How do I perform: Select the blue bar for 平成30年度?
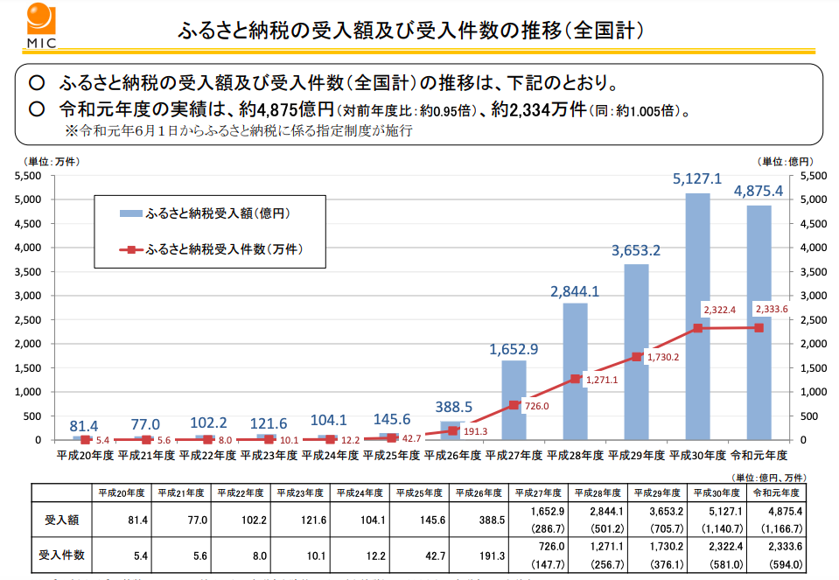pyautogui.click(x=697, y=316)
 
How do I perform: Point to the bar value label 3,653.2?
pyautogui.click(x=635, y=251)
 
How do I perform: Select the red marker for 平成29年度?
pyautogui.click(x=636, y=357)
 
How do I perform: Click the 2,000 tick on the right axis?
pyautogui.click(x=815, y=344)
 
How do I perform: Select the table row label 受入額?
pyautogui.click(x=62, y=520)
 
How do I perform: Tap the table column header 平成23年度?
pyautogui.click(x=301, y=493)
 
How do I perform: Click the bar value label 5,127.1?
pyautogui.click(x=696, y=179)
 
